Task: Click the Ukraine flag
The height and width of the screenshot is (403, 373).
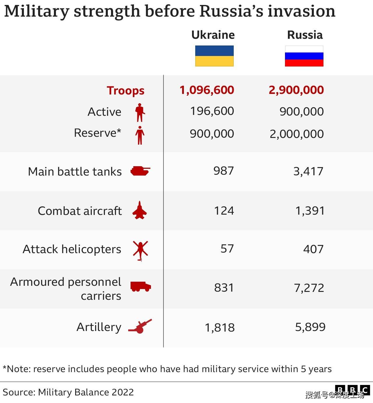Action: (214, 56)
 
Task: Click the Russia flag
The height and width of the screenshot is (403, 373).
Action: (304, 56)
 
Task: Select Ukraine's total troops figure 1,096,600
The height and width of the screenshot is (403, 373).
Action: (207, 90)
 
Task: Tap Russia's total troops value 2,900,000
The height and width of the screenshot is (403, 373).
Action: (296, 90)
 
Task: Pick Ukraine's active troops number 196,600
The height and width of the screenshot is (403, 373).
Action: (212, 111)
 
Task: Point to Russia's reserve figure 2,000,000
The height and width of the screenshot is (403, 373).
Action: (296, 134)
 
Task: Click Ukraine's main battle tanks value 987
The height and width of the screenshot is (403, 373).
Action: (224, 171)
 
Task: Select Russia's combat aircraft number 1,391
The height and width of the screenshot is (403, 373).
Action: (310, 211)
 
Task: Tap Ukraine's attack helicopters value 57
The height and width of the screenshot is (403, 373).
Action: (227, 249)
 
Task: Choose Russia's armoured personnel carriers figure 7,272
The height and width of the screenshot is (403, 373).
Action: (309, 288)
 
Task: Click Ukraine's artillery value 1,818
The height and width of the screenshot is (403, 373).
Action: (220, 327)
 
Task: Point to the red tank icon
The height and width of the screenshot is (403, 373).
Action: (140, 171)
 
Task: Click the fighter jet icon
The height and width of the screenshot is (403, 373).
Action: (140, 210)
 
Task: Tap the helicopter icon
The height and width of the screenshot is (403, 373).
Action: (140, 250)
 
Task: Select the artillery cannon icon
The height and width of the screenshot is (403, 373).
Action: (140, 326)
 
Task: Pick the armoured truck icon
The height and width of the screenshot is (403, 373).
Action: (140, 286)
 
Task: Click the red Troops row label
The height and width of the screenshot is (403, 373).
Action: (125, 91)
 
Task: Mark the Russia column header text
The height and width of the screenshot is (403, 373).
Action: (305, 35)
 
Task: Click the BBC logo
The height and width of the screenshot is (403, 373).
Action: (352, 390)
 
